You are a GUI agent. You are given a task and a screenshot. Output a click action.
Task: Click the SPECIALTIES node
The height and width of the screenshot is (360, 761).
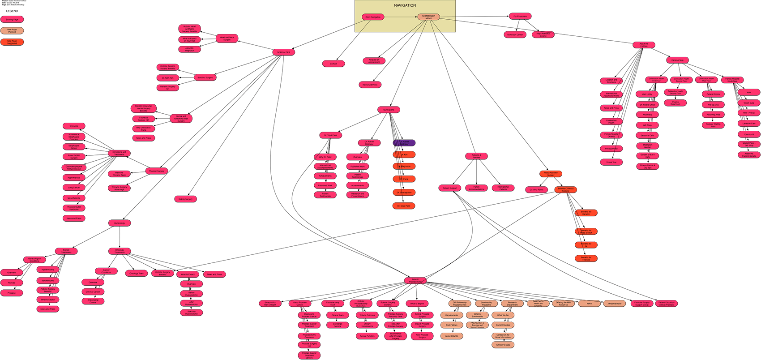pyautogui.click(x=283, y=52)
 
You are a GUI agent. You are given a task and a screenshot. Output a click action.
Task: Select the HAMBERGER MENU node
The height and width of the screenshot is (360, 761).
pyautogui.click(x=428, y=17)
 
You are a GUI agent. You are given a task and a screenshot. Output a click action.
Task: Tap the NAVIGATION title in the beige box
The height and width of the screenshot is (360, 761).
pyautogui.click(x=405, y=5)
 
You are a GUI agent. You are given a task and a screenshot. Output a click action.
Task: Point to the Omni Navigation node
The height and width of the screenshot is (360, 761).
pyautogui.click(x=373, y=17)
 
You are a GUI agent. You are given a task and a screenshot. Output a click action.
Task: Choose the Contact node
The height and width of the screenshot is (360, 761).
pyautogui.click(x=333, y=64)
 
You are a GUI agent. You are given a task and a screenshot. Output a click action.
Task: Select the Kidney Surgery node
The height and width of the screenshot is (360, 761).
pyautogui.click(x=185, y=199)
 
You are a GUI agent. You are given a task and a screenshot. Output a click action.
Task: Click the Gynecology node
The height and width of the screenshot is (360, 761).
pyautogui.click(x=120, y=223)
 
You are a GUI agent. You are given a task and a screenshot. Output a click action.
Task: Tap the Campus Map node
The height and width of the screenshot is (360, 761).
pyautogui.click(x=677, y=60)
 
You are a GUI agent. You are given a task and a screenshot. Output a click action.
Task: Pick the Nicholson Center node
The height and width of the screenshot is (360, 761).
pyautogui.click(x=515, y=34)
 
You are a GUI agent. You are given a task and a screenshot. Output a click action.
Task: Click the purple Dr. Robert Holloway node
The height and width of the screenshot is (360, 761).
pyautogui.click(x=404, y=143)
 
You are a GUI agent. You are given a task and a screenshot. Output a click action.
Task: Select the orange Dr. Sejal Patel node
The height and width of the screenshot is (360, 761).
pyautogui.click(x=404, y=206)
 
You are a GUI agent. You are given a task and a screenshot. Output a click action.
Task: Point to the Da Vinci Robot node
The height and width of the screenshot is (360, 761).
pyautogui.click(x=536, y=190)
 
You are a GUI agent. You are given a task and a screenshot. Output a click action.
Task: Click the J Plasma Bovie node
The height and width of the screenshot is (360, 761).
pyautogui.click(x=615, y=304)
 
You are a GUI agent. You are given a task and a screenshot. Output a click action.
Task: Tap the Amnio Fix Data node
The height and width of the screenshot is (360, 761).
pyautogui.click(x=503, y=345)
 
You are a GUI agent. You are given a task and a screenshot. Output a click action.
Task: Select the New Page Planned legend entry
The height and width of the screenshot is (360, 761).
pyautogui.click(x=12, y=30)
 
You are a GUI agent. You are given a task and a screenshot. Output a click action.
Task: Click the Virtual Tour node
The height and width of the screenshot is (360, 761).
pyautogui.click(x=611, y=162)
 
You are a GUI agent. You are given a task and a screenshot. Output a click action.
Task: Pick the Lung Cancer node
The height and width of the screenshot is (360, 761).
pyautogui.click(x=74, y=188)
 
